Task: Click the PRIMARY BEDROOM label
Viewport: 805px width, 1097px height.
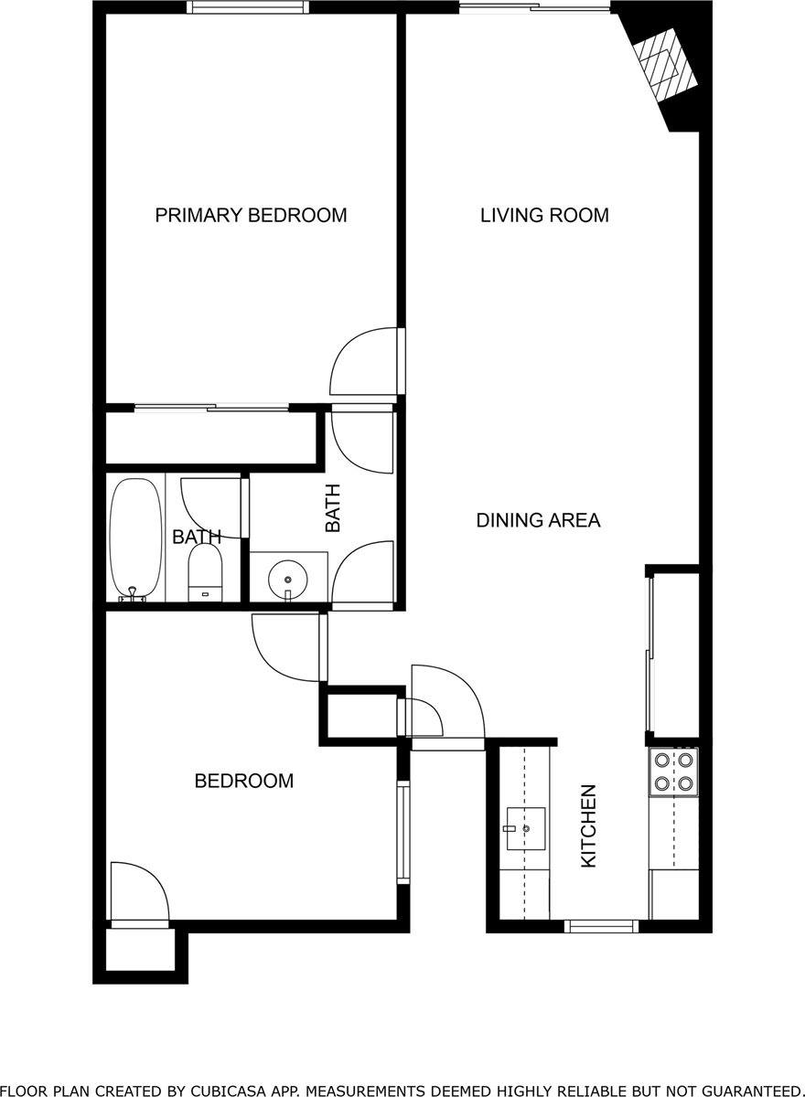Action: coord(251,216)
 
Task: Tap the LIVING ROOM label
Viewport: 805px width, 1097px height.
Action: coord(544,216)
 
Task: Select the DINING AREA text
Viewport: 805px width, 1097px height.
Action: coord(538,521)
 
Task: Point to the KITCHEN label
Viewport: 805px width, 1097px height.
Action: coord(589,825)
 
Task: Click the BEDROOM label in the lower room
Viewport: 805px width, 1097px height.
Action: coord(243,781)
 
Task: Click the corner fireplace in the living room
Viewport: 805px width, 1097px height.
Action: coord(663,65)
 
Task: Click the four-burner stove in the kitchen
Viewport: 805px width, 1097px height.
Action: coord(673,771)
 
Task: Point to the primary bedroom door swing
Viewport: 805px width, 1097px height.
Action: coord(364,361)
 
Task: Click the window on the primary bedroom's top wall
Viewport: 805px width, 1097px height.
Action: coord(248,8)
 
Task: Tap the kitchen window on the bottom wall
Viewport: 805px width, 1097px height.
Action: coord(601,926)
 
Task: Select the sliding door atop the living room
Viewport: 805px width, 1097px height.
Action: coord(534,8)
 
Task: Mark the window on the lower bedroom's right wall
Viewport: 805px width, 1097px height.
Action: coord(402,831)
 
